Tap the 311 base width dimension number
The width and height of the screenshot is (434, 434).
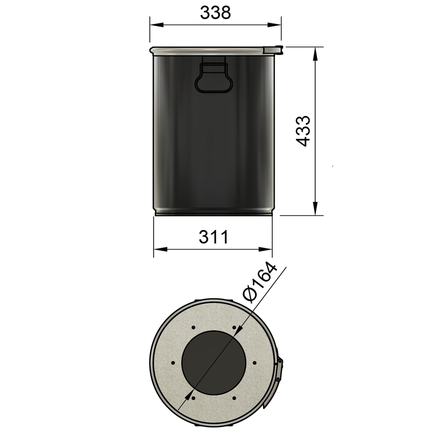pyautogui.click(x=213, y=237)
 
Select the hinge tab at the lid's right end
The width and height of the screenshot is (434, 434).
pyautogui.click(x=273, y=50)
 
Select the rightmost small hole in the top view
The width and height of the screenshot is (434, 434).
pyautogui.click(x=254, y=362)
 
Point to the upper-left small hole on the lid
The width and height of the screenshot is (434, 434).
pyautogui.click(x=193, y=327)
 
